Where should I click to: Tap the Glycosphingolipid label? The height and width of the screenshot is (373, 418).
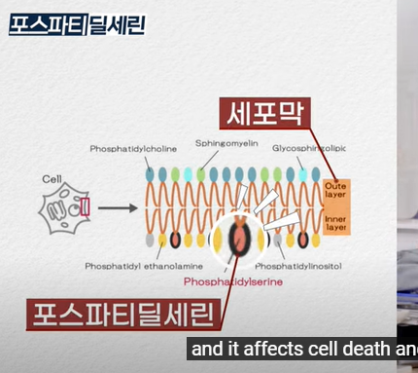308,148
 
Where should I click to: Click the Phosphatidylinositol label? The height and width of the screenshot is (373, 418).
298,265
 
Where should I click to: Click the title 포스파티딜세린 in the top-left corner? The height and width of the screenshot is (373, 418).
77,22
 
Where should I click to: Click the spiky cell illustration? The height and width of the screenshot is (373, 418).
63,207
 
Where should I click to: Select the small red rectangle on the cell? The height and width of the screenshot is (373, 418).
85,206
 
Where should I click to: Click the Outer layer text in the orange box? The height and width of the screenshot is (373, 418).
336,190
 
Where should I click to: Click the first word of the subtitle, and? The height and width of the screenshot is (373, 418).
204,350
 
